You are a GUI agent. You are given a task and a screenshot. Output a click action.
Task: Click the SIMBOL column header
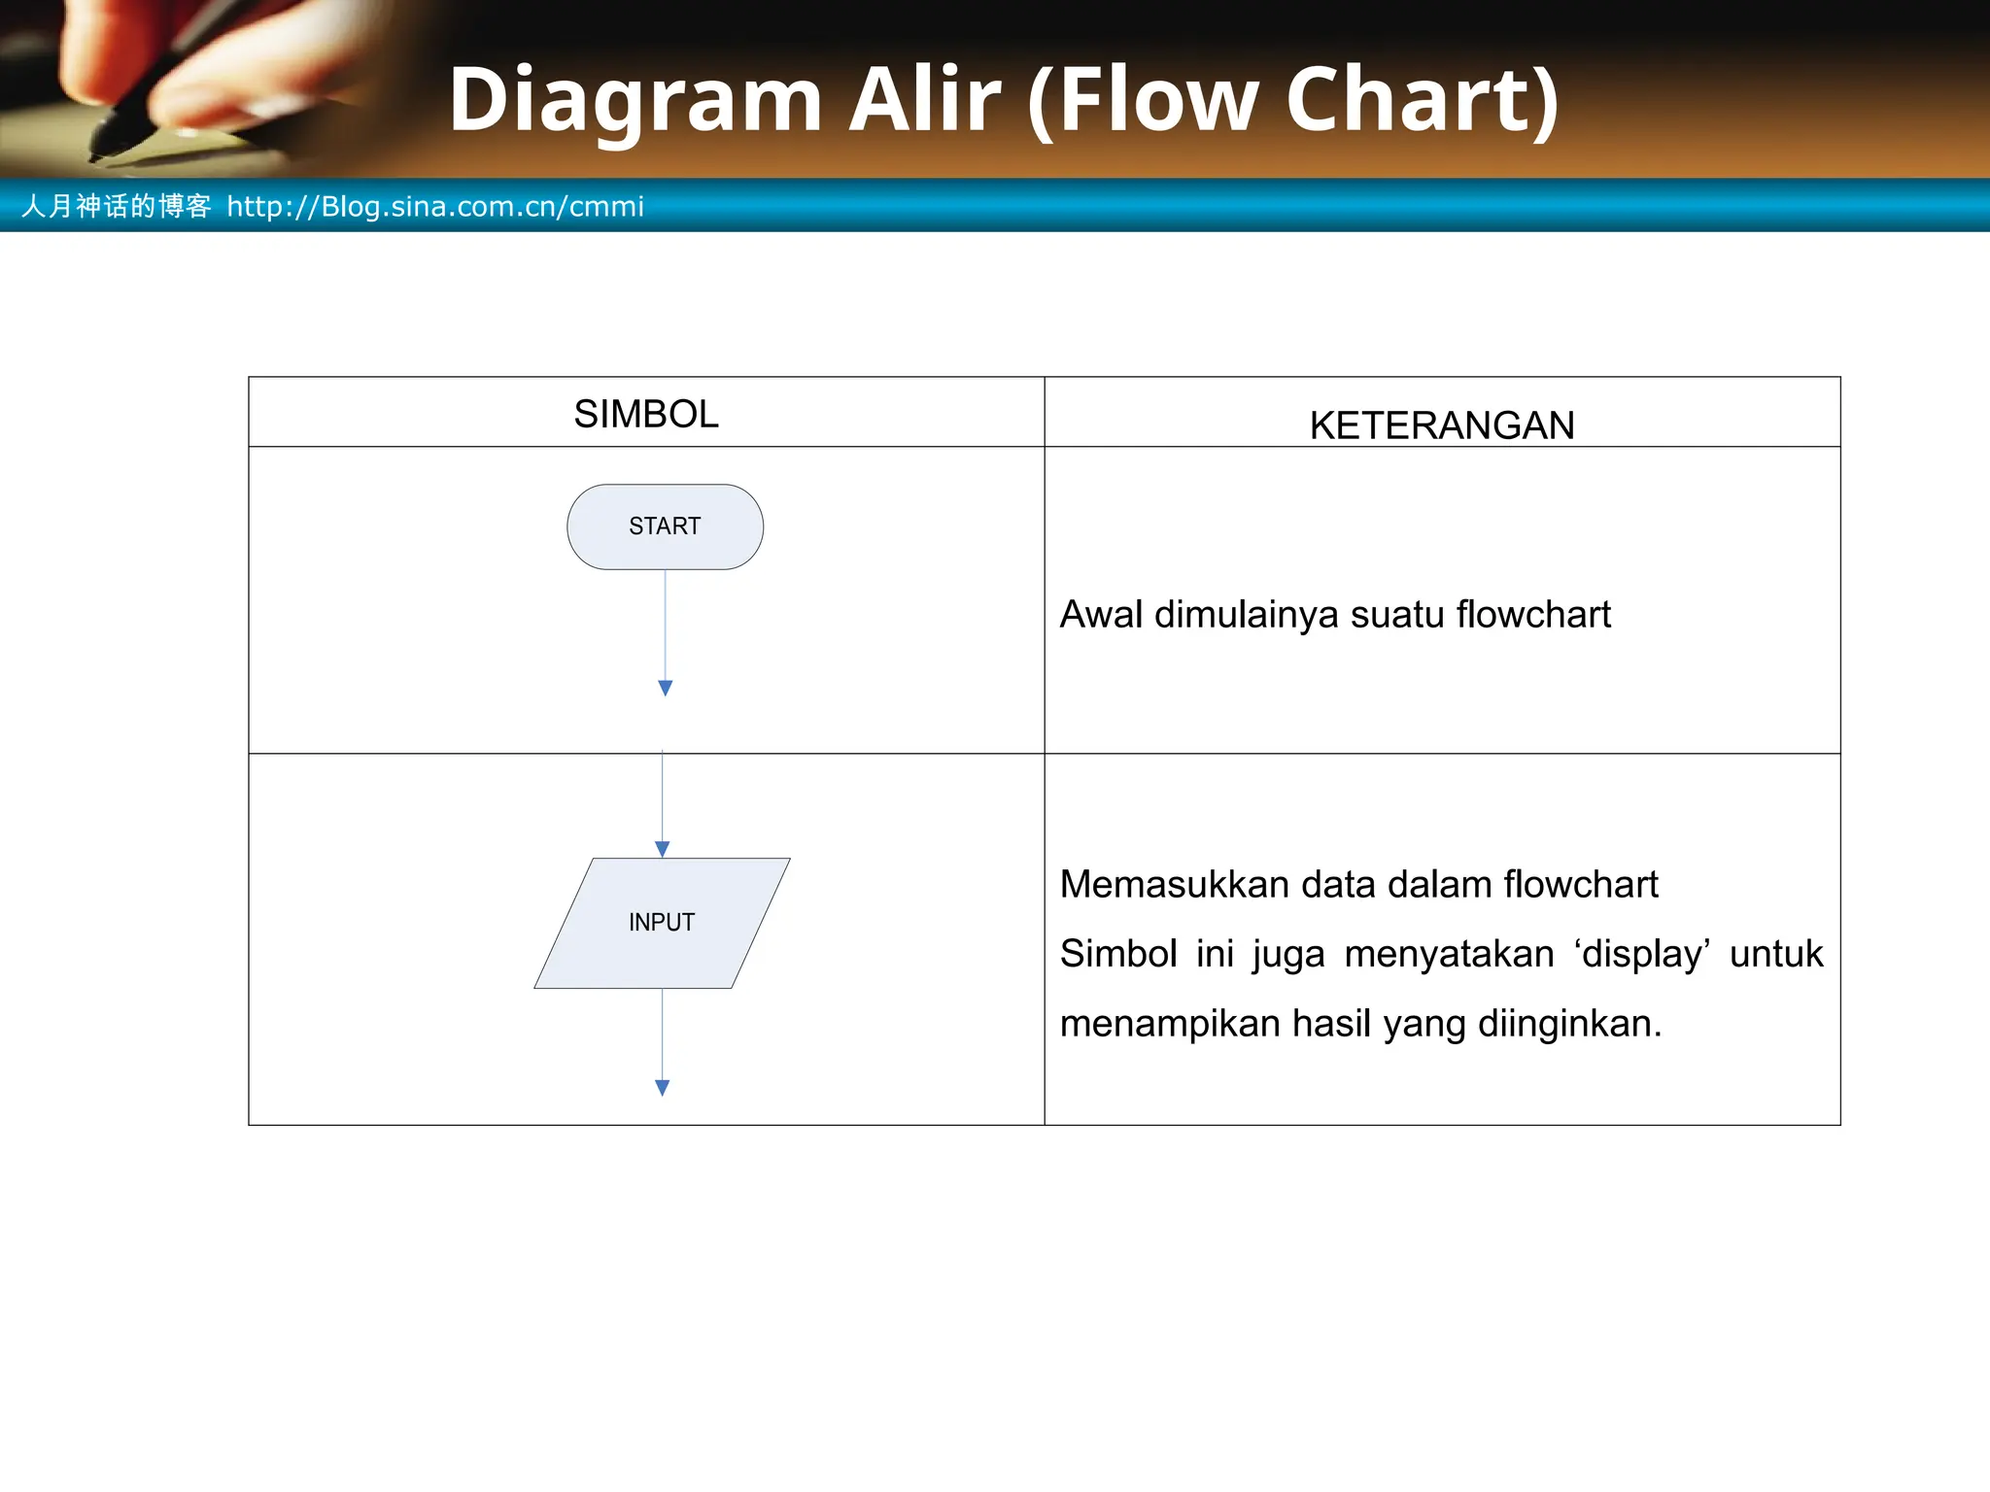tap(646, 415)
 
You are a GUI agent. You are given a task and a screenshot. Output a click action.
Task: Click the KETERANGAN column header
tap(1441, 425)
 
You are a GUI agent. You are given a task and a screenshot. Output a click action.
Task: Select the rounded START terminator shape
tap(665, 526)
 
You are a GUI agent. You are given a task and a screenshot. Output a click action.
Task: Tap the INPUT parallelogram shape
tap(662, 923)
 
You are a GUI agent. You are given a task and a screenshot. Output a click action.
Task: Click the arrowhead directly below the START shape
tap(665, 688)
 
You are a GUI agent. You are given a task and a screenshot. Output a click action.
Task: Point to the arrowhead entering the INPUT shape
tap(663, 849)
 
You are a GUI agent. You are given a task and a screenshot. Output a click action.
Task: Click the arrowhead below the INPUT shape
tap(663, 1088)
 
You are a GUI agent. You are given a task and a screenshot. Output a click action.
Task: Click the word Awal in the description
tap(1100, 615)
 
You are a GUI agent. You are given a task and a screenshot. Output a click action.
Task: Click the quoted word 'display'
tap(1642, 954)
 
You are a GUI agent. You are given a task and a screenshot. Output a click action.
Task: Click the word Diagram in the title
tap(635, 100)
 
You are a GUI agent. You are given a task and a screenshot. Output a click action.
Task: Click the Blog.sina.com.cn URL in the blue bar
tap(435, 207)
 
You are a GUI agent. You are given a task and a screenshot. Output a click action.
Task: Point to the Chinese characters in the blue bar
tap(117, 206)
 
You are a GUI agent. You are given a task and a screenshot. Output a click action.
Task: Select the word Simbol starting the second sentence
tap(1117, 954)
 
